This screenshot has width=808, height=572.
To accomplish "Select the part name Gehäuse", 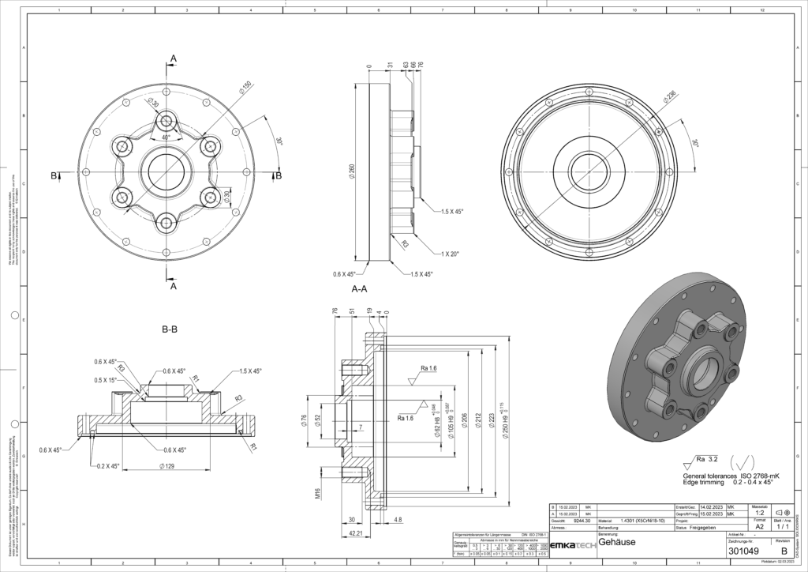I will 617,543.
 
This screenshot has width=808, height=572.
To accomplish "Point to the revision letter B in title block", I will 784,551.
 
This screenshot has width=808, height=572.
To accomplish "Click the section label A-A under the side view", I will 359,289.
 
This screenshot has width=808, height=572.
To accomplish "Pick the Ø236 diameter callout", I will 670,97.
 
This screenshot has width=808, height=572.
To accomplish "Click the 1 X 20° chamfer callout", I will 451,254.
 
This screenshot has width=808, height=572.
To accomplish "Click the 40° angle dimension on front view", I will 166,137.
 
